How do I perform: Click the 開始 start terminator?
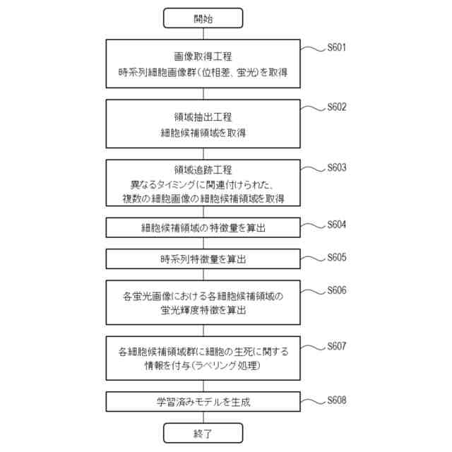tap(203, 18)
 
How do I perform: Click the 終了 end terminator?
tap(203, 432)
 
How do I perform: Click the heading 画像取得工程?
tap(203, 56)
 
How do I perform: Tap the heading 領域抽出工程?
tap(203, 117)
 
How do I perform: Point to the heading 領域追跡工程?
tap(203, 170)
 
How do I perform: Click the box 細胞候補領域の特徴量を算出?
tap(203, 228)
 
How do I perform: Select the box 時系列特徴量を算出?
tap(203, 259)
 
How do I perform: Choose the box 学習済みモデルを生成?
tap(203, 403)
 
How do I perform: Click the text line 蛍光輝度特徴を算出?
tap(203, 310)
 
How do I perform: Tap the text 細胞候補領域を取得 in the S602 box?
tap(203, 132)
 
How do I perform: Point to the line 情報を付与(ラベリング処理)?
tap(203, 367)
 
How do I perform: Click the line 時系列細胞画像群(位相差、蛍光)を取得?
tap(203, 72)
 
